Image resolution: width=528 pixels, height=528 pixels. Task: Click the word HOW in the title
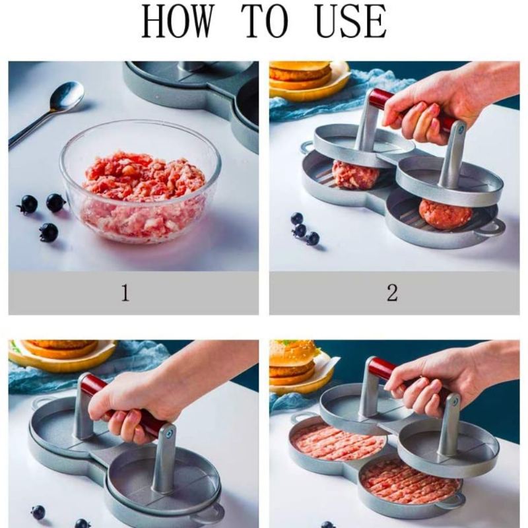[178, 21]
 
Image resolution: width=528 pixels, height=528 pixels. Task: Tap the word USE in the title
[351, 21]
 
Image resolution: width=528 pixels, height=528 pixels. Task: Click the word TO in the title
[265, 21]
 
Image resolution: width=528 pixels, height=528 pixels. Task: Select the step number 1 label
[125, 292]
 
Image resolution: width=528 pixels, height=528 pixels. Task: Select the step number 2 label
[392, 292]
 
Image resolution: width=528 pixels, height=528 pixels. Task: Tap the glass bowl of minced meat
[141, 182]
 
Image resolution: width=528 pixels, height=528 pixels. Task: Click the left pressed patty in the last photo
[337, 442]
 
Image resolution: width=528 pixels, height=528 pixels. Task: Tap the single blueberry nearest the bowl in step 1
[55, 203]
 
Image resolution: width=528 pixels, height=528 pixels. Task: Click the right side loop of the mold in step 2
[493, 227]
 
